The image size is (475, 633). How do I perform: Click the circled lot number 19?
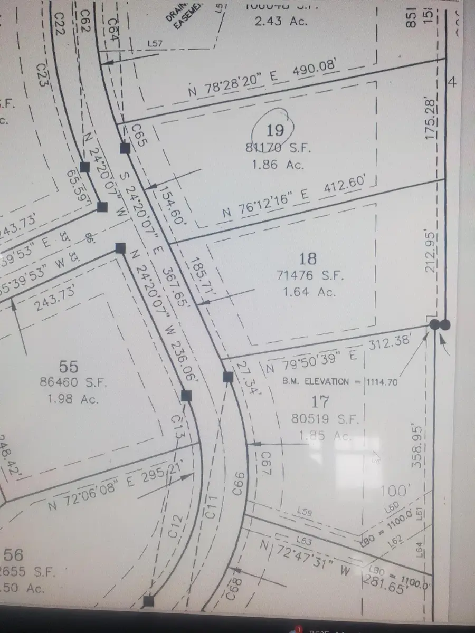[x=275, y=130]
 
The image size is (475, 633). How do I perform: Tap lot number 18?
[x=308, y=258]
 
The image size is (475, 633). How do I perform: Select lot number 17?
[x=320, y=402]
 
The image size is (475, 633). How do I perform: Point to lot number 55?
[x=69, y=366]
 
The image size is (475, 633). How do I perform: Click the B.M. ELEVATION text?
[x=315, y=381]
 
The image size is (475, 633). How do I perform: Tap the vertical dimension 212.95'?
[x=432, y=252]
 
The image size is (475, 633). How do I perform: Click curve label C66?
[x=239, y=483]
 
